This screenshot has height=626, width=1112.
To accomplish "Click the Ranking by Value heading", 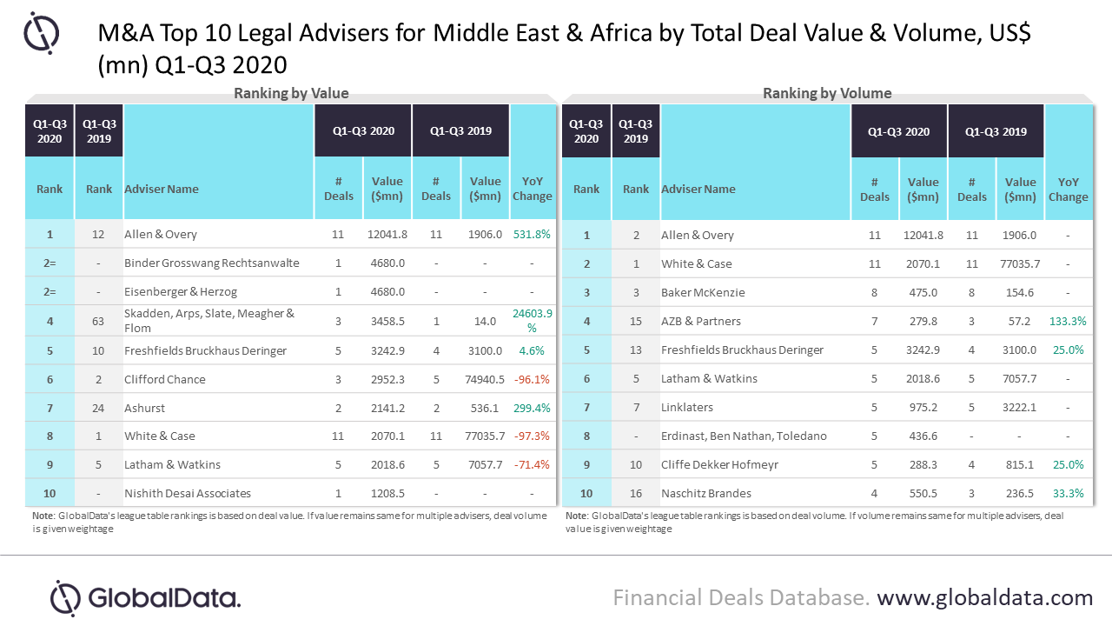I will (x=291, y=94).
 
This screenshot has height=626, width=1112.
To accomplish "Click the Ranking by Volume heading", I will (x=827, y=94).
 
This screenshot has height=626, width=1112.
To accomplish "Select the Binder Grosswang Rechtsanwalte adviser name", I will (x=212, y=263).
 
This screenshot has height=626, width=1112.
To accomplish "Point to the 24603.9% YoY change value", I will (x=532, y=321).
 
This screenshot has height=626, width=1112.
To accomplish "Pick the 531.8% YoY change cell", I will (x=532, y=235).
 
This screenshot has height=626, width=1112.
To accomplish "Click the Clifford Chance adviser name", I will (x=166, y=379).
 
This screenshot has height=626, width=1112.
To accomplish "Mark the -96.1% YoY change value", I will (x=532, y=379).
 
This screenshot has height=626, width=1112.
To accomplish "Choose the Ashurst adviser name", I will (x=145, y=408).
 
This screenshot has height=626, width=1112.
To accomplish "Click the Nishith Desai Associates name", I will (x=188, y=493).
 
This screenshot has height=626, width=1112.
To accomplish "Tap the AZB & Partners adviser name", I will (x=701, y=321).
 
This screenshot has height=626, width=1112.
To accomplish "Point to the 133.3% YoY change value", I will (x=1068, y=321).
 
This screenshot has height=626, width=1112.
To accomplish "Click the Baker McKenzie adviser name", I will (x=703, y=292).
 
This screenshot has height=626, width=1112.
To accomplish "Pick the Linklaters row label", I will (x=687, y=407).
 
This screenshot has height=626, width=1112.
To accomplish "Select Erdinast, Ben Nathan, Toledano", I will (x=744, y=436).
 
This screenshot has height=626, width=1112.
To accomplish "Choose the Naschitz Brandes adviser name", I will (x=705, y=493).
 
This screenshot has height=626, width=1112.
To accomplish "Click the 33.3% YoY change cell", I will (x=1068, y=493).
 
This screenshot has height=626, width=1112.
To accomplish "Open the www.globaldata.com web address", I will (x=984, y=598).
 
